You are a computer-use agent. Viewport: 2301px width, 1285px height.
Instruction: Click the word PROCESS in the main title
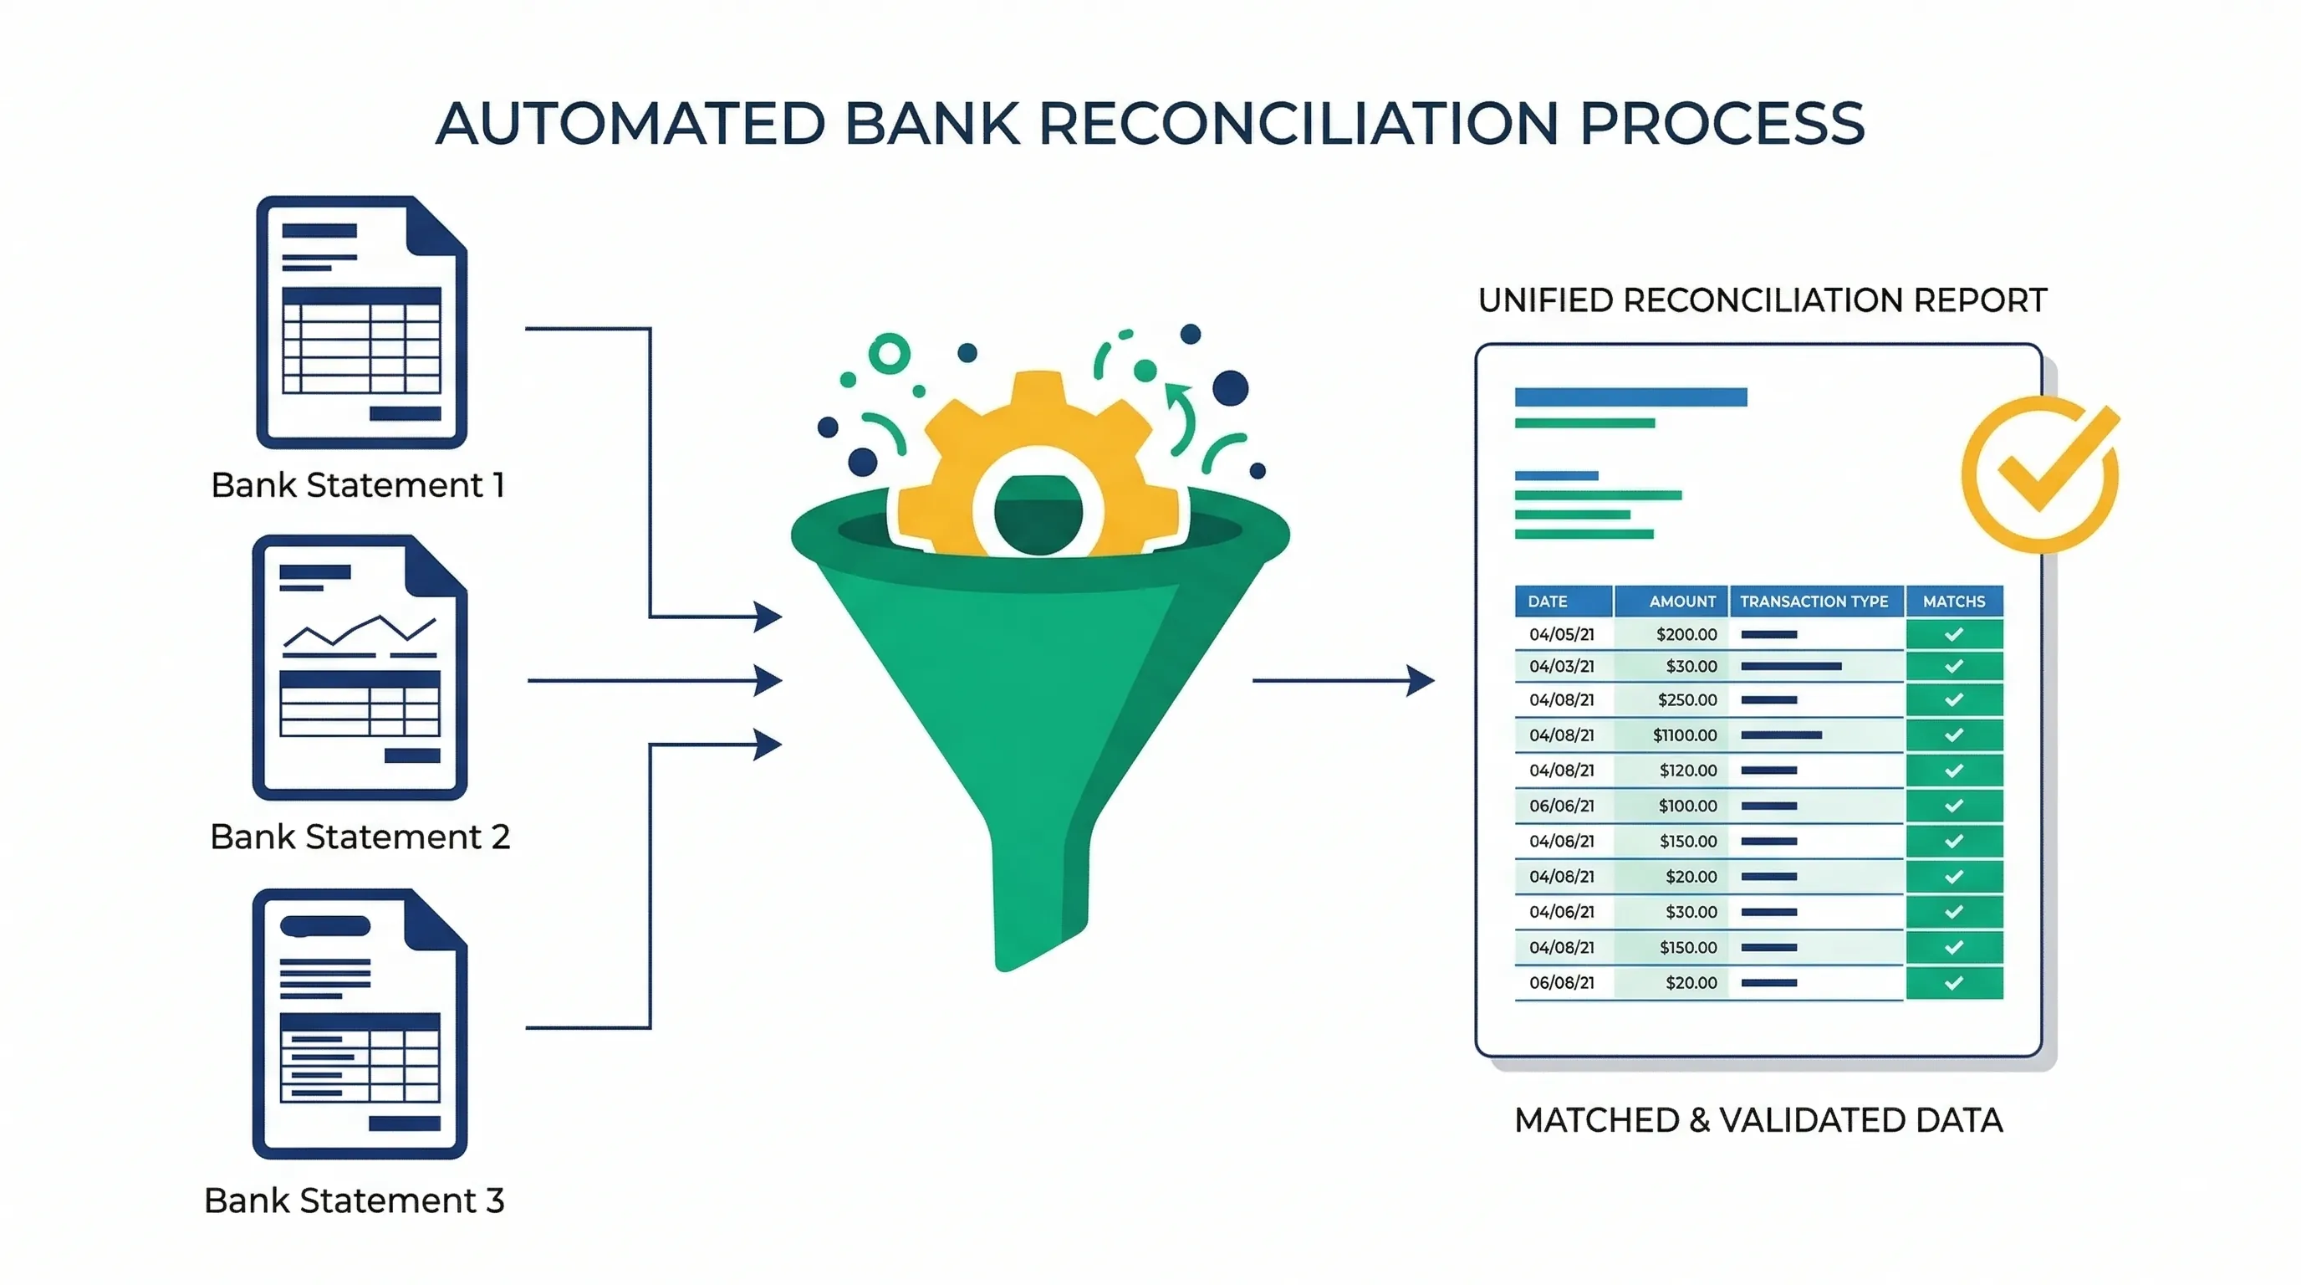pos(1722,123)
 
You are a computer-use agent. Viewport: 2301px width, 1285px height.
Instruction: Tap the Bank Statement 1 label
pos(358,485)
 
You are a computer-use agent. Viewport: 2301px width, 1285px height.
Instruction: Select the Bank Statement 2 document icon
pos(360,668)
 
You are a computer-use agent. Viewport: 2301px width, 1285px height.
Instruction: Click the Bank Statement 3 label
pos(354,1201)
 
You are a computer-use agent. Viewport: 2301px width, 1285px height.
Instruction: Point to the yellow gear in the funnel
pos(1038,464)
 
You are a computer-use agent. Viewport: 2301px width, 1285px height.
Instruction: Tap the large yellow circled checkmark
pos(2041,474)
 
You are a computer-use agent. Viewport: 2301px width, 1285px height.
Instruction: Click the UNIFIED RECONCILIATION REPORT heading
pos(1762,300)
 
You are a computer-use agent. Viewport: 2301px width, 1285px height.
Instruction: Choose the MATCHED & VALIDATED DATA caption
pos(1758,1119)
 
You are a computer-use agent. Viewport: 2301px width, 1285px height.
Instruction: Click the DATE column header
pos(1548,602)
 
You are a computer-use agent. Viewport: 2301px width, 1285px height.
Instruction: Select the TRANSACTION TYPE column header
pos(1814,602)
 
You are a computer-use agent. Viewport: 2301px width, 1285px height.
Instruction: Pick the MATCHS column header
pos(1953,602)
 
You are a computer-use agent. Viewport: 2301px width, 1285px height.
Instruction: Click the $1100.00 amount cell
pos(1684,735)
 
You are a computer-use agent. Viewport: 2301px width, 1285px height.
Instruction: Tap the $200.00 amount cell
pos(1686,634)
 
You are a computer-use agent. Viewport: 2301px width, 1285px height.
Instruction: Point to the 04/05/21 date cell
pos(1561,634)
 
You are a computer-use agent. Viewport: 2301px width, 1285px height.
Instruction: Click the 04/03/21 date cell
pos(1561,667)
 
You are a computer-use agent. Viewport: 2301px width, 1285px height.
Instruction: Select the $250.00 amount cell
pos(1686,699)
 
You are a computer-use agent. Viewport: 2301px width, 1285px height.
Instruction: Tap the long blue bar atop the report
pos(1630,397)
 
